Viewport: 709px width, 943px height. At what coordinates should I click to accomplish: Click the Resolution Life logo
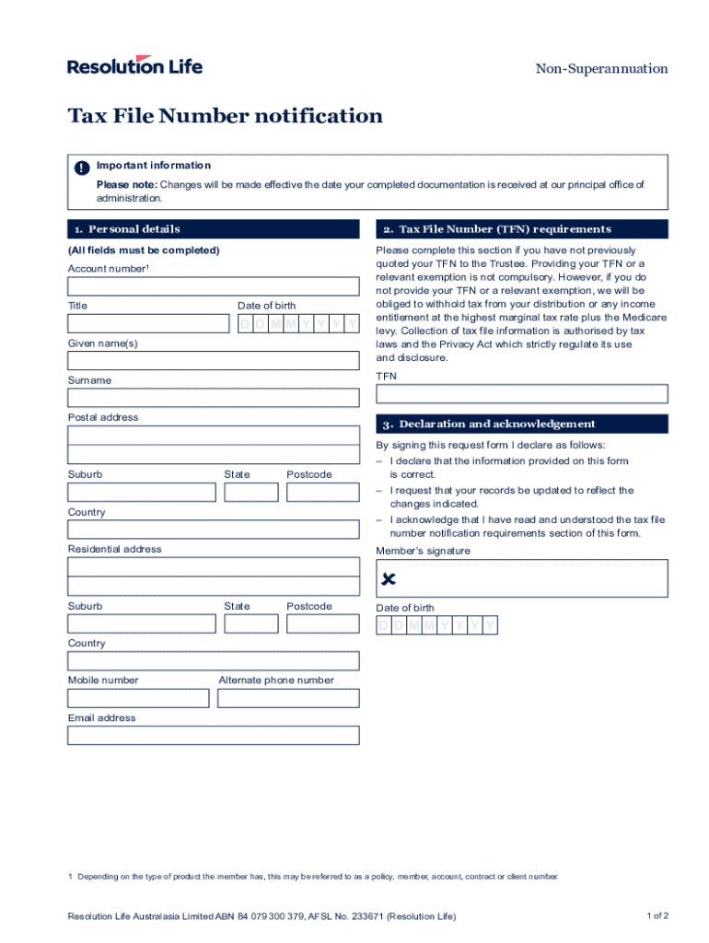click(134, 65)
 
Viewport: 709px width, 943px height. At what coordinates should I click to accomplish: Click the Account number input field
click(213, 285)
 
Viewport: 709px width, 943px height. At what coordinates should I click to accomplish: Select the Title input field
click(148, 323)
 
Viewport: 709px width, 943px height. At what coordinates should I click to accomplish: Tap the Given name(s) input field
click(213, 360)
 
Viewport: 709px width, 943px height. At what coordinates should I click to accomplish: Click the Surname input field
click(213, 397)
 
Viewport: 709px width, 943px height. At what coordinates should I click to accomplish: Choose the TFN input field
click(522, 393)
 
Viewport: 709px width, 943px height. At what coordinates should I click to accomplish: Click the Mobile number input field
click(138, 698)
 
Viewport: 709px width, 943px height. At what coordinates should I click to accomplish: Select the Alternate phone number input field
click(288, 698)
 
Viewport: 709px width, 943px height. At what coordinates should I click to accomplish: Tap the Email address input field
click(213, 735)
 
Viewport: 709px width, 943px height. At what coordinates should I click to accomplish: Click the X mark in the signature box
click(389, 579)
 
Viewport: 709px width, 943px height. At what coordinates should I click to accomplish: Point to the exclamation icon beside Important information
click(82, 168)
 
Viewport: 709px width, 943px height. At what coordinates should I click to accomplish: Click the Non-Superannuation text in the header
click(601, 69)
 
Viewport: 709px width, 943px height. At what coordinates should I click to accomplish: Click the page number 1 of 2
click(657, 916)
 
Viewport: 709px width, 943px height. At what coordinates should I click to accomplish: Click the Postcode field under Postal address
click(322, 492)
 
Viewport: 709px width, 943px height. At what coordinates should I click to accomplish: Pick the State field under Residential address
click(250, 623)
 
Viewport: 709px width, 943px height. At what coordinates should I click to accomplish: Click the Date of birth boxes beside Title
click(298, 323)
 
